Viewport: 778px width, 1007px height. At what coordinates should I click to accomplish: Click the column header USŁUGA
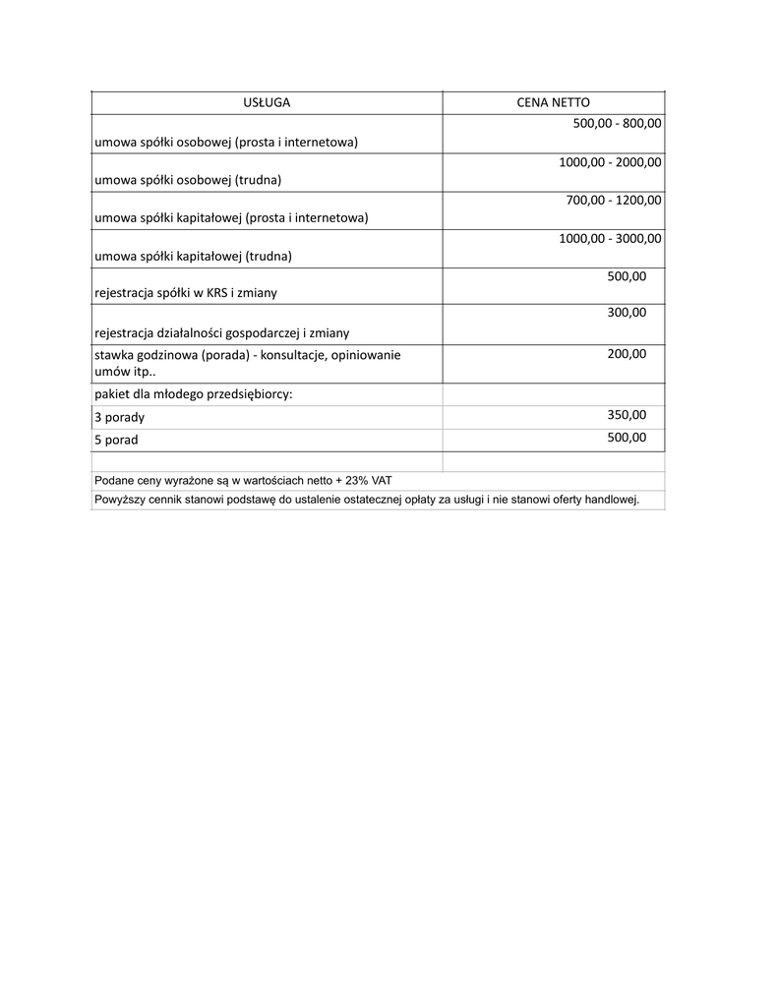pos(267,102)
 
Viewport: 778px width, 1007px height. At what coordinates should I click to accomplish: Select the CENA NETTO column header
pos(554,102)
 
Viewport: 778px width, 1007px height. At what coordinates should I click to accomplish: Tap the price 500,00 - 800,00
pos(617,124)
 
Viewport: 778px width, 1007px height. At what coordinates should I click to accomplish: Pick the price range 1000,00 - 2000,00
pos(610,162)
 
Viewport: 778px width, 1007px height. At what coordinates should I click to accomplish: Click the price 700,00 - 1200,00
pos(614,200)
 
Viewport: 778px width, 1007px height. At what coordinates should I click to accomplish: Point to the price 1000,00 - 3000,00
pos(610,238)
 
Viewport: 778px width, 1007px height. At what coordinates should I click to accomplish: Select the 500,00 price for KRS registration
pos(627,276)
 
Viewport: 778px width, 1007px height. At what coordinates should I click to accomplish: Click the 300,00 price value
pos(627,313)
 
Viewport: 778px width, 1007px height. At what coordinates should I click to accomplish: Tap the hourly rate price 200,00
pos(627,354)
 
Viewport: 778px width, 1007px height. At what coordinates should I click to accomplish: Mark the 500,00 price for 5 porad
pos(627,438)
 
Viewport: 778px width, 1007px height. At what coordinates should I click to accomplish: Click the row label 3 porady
pos(119,417)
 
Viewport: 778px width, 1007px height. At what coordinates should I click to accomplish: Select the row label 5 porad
pos(116,440)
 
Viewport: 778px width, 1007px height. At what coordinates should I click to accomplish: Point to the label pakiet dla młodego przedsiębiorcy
pos(194,394)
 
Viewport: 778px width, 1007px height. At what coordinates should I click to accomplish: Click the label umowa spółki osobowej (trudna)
pos(188,180)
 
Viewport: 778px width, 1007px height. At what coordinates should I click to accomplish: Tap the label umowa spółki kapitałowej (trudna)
pos(194,256)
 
